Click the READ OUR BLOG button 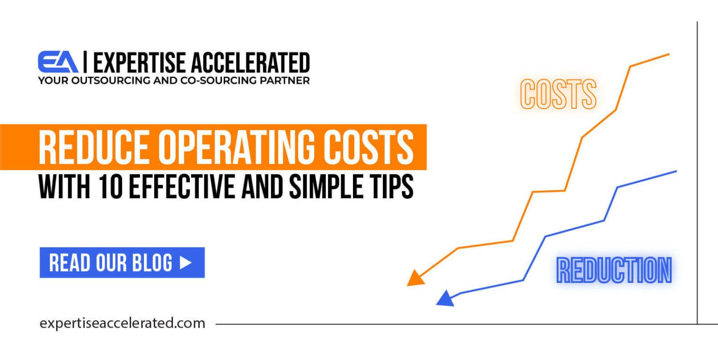(122, 262)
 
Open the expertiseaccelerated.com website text (122, 323)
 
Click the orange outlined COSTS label (558, 94)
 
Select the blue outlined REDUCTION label (614, 270)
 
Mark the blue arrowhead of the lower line (445, 299)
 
